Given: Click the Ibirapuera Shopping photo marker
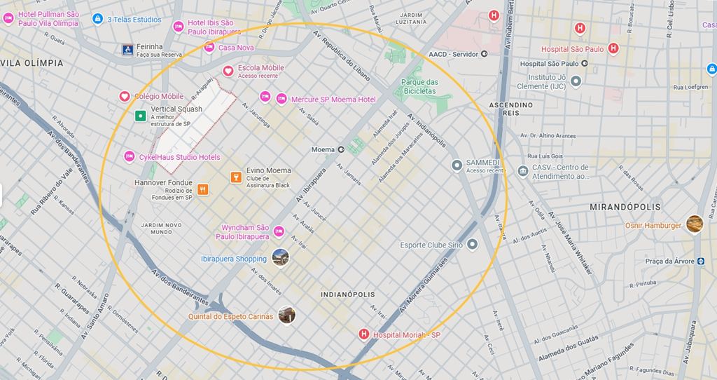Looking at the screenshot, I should [x=280, y=258].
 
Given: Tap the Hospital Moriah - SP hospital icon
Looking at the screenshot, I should [x=363, y=334].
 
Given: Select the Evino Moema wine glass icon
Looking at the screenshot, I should [x=236, y=177].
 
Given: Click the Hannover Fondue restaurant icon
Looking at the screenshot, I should [x=202, y=189].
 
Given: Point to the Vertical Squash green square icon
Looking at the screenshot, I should [x=140, y=115].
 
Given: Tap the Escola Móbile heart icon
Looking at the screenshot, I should [x=228, y=71].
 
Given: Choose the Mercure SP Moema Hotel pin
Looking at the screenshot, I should [x=282, y=98].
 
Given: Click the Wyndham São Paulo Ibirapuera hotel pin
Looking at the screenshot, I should [x=279, y=231].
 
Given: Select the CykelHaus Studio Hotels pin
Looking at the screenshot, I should [x=129, y=156].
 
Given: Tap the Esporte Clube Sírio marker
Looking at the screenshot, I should [x=472, y=244].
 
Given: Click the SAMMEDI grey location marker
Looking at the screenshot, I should [x=457, y=165].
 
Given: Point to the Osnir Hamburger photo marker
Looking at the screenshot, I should [x=694, y=224].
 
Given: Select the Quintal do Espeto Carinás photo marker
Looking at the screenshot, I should [x=286, y=315].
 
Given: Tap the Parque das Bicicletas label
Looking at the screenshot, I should [x=419, y=86].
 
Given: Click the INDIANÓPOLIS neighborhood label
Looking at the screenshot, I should [x=348, y=294].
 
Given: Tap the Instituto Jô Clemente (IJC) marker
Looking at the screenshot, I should [x=576, y=81].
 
